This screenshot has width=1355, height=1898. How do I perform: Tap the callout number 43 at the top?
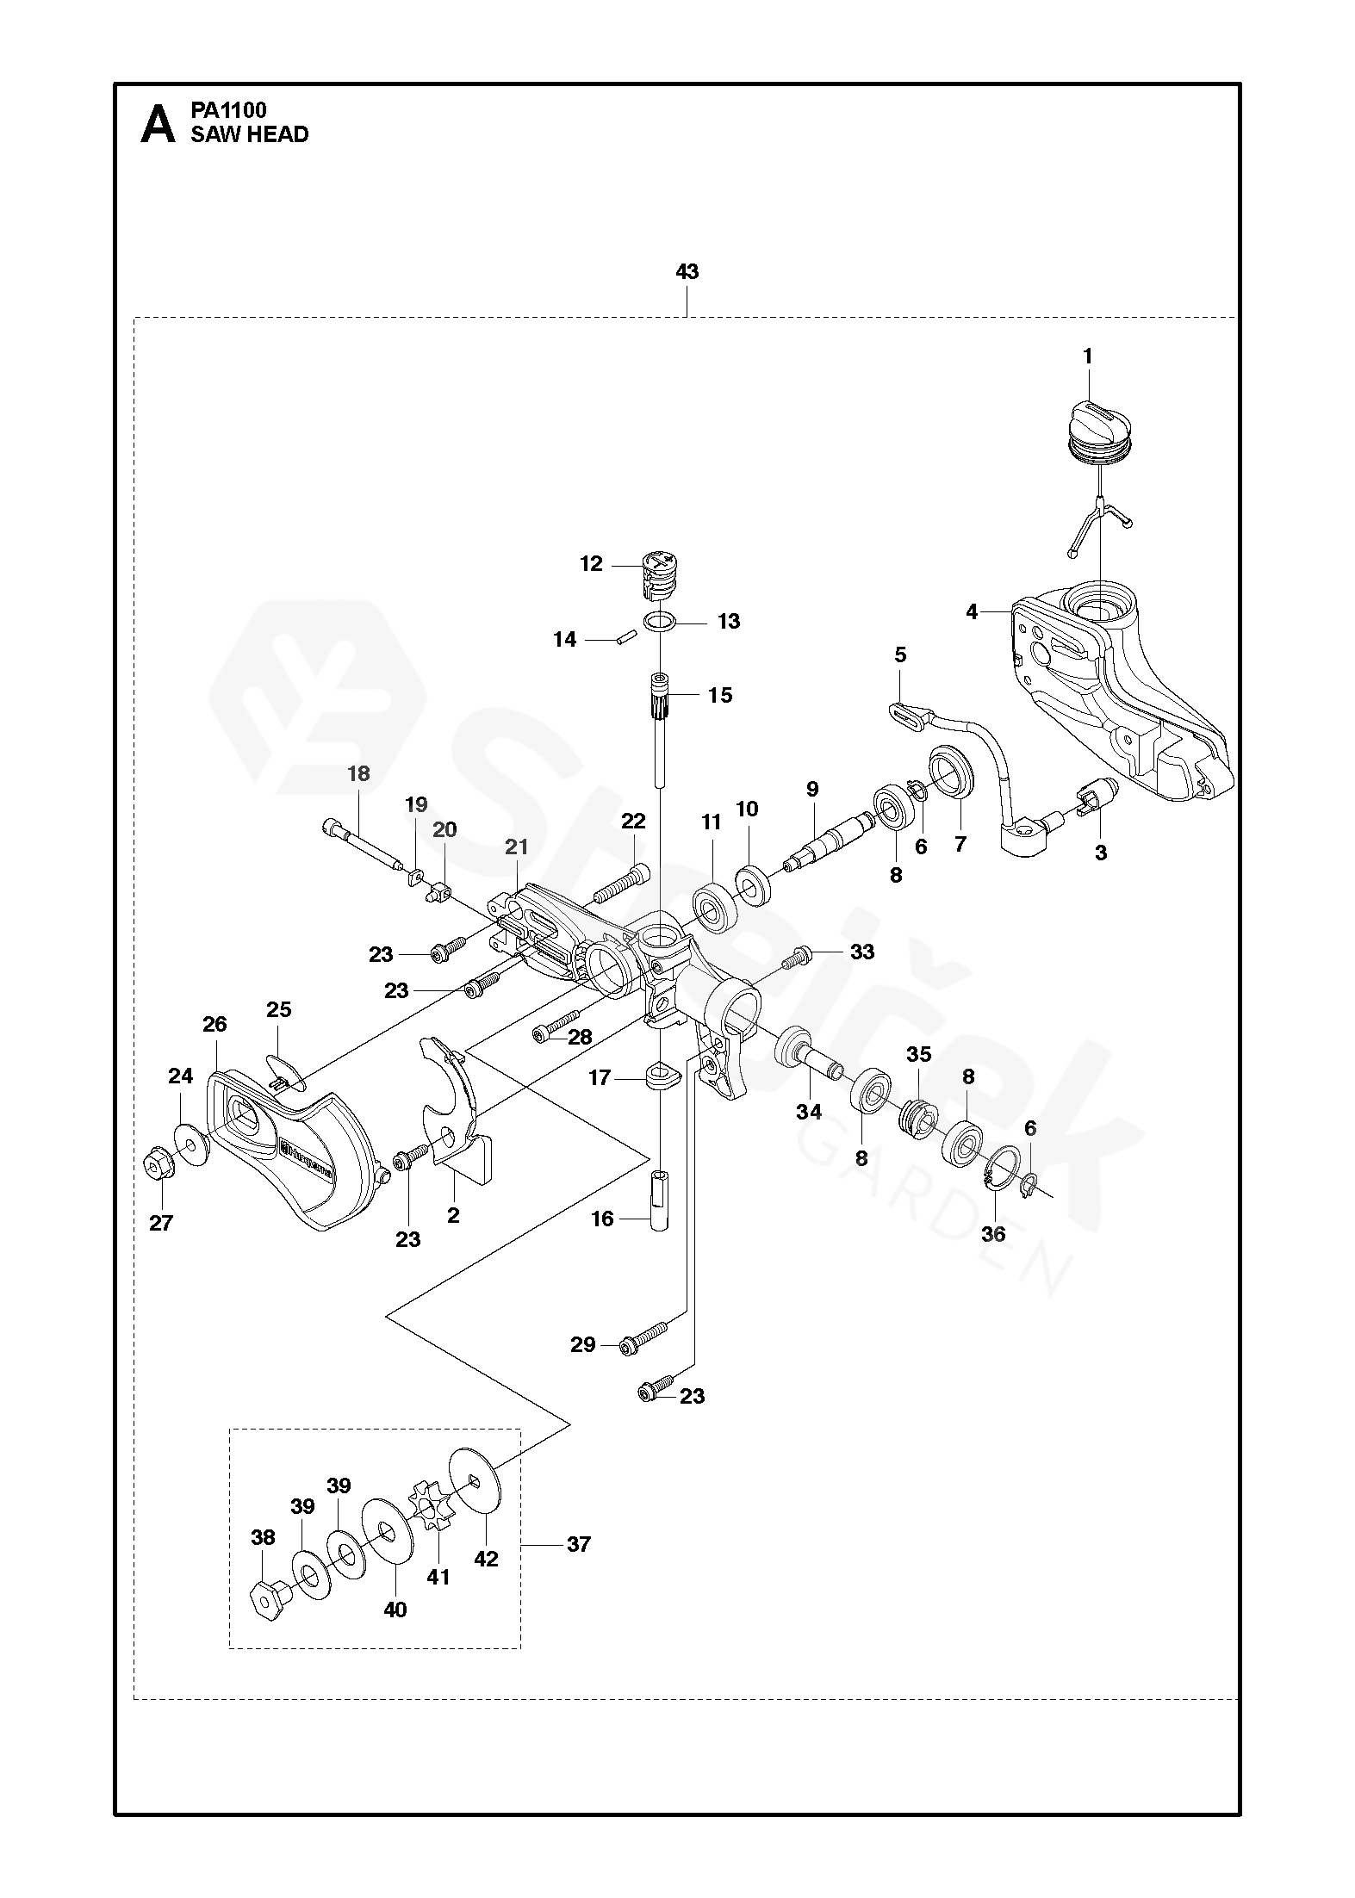pyautogui.click(x=687, y=272)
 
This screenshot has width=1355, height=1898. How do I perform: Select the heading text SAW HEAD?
pyautogui.click(x=250, y=134)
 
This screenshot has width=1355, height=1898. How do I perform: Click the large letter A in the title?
pyautogui.click(x=158, y=124)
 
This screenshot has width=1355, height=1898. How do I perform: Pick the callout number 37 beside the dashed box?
pyautogui.click(x=579, y=1544)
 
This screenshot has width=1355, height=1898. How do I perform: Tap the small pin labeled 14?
pyautogui.click(x=623, y=639)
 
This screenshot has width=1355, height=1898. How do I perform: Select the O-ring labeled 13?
pyautogui.click(x=661, y=620)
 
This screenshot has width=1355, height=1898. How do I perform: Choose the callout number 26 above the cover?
pyautogui.click(x=214, y=1024)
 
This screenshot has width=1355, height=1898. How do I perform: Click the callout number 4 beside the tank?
pyautogui.click(x=972, y=611)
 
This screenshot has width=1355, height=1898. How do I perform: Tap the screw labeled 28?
pyautogui.click(x=557, y=1025)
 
